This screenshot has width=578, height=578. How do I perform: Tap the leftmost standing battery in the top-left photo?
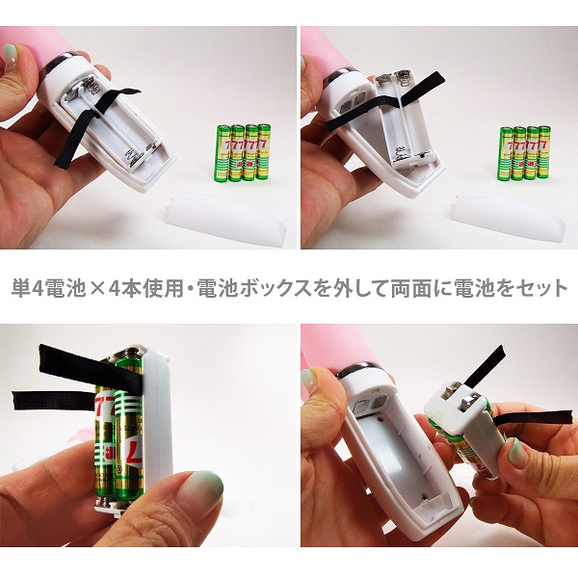223,151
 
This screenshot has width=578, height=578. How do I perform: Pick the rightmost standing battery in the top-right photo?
544,151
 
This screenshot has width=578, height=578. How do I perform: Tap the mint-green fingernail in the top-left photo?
10,50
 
